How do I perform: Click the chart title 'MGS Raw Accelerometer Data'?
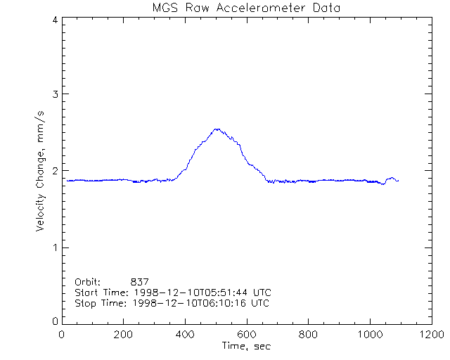click(x=246, y=8)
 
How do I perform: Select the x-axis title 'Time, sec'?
click(x=246, y=346)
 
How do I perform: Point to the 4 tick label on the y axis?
click(x=54, y=20)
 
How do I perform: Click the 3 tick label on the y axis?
click(x=54, y=94)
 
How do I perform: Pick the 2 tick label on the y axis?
click(x=54, y=171)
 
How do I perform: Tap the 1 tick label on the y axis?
click(x=54, y=247)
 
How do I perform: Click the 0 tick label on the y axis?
click(x=54, y=321)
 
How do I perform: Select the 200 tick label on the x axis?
click(x=124, y=335)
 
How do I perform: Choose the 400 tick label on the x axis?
click(x=185, y=335)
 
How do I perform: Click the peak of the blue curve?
click(x=217, y=129)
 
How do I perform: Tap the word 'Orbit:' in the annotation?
click(x=88, y=281)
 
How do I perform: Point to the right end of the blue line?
click(x=398, y=181)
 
